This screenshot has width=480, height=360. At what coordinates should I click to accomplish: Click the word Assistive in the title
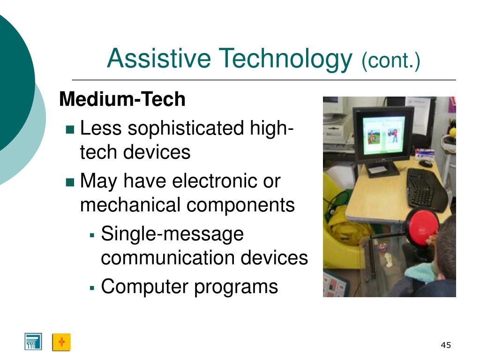pyautogui.click(x=159, y=58)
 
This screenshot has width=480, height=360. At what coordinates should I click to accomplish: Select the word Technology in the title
pyautogui.click(x=285, y=60)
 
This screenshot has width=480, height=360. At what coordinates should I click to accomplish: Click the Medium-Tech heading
pyautogui.click(x=122, y=99)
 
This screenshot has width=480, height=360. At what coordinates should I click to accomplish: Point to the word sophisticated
pyautogui.click(x=186, y=128)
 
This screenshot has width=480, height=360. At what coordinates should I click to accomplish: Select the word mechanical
pyautogui.click(x=130, y=205)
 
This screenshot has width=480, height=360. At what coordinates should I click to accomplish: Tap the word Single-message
pyautogui.click(x=172, y=234)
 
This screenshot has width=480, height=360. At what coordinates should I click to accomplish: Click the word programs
pyautogui.click(x=236, y=288)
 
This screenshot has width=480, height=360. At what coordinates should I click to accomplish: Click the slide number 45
pyautogui.click(x=446, y=345)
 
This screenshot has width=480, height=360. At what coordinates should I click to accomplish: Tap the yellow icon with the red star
pyautogui.click(x=61, y=342)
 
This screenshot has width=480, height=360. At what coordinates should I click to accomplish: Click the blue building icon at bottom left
pyautogui.click(x=33, y=342)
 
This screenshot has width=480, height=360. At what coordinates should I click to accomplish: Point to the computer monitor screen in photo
pyautogui.click(x=383, y=135)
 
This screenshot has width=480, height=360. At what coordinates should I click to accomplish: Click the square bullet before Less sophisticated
pyautogui.click(x=70, y=129)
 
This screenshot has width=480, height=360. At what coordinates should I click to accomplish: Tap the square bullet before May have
pyautogui.click(x=70, y=182)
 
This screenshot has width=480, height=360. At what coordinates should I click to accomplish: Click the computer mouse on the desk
pyautogui.click(x=425, y=164)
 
